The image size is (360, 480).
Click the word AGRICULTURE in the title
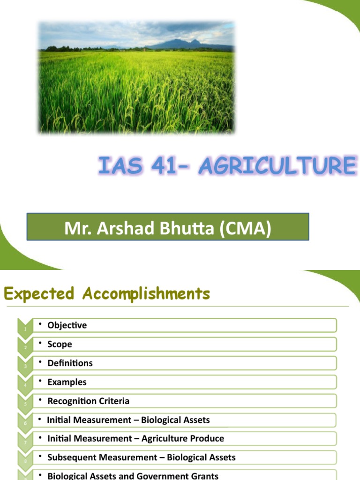[277, 166]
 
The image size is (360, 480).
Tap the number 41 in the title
[164, 166]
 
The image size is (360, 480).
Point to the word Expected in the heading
[39, 294]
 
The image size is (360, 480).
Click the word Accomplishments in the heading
[146, 294]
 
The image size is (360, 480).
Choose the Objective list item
[67, 325]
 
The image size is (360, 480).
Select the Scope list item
[60, 344]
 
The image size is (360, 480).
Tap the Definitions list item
[70, 363]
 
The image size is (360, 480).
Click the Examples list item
[67, 382]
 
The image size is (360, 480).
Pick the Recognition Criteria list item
[88, 401]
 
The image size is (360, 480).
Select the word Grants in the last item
[204, 476]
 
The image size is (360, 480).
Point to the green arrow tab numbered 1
[24, 326]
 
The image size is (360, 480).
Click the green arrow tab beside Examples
[24, 382]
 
